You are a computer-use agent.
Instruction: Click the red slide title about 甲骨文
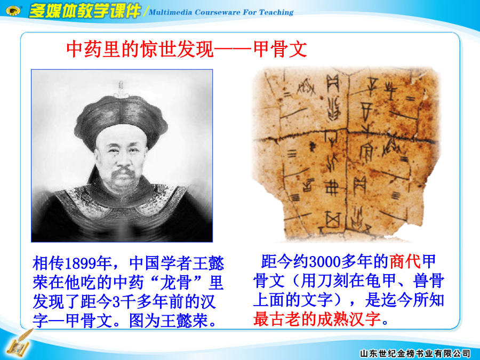[187, 49]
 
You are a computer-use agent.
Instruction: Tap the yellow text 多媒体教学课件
[84, 11]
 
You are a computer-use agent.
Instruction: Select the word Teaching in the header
[276, 12]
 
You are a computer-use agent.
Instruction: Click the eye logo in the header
[13, 11]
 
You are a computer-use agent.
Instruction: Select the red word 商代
[405, 262]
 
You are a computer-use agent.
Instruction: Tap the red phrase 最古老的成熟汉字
[317, 319]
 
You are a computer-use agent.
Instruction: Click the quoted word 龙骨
[177, 282]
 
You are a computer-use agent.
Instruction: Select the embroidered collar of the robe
[121, 201]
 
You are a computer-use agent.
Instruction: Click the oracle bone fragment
[346, 153]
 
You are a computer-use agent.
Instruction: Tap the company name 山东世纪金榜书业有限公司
[415, 353]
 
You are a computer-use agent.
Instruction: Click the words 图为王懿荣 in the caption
[169, 321]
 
